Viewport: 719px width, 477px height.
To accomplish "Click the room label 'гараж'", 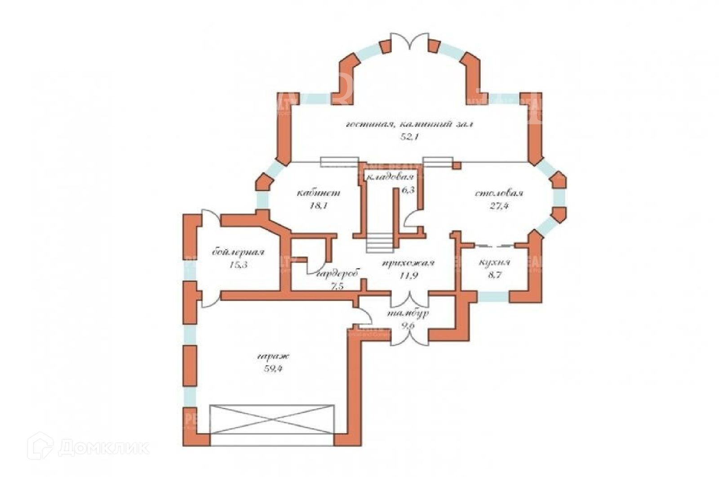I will click(x=273, y=357).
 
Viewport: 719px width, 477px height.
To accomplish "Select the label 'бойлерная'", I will click(x=238, y=252).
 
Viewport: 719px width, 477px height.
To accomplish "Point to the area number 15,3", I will click(x=238, y=265).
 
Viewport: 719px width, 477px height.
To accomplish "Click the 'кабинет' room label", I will click(x=318, y=193).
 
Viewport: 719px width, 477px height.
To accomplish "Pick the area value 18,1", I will click(x=318, y=206).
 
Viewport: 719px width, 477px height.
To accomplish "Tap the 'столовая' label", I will click(x=499, y=193).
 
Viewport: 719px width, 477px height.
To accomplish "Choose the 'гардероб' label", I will click(x=337, y=274).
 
